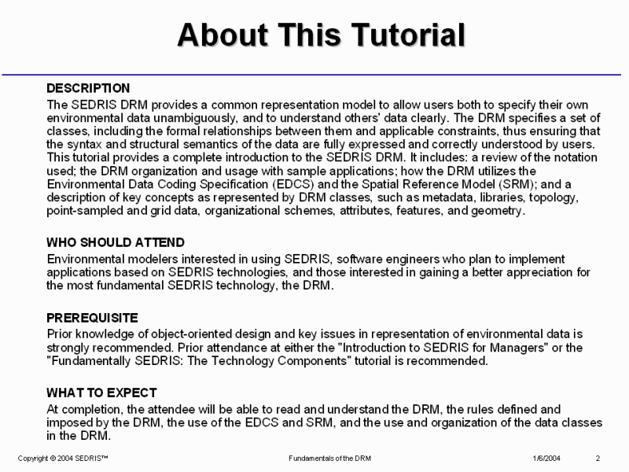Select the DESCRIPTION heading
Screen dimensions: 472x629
click(x=88, y=88)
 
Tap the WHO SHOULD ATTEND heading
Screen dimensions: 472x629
click(x=116, y=242)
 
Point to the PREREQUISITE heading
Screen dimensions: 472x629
click(x=92, y=318)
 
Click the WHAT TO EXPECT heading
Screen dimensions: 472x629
click(x=101, y=393)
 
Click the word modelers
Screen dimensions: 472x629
click(x=145, y=259)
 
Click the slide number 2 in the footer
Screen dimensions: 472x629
click(x=598, y=459)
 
